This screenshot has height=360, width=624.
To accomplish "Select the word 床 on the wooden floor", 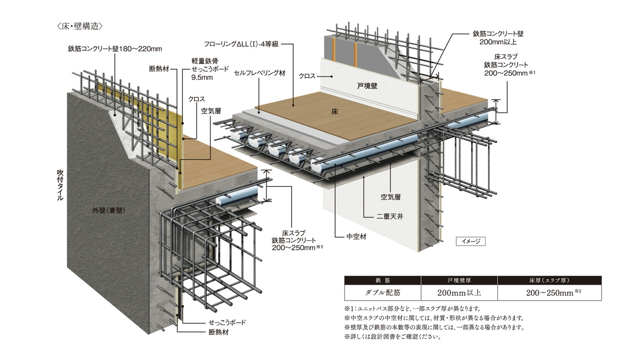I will coord(334,112).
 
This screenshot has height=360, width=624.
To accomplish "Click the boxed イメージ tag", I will coord(470,241).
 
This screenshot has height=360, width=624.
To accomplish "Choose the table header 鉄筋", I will coord(382,281).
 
